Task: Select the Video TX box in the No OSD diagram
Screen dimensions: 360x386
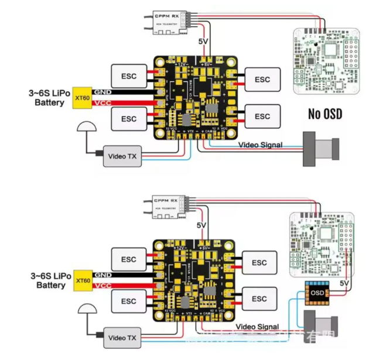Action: tap(122, 156)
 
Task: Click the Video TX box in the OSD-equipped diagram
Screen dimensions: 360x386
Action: tap(122, 338)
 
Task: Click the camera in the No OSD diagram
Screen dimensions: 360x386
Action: tap(320, 150)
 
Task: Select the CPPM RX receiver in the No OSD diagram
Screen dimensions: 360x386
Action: tap(169, 20)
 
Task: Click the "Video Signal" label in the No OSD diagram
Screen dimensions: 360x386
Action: tap(260, 145)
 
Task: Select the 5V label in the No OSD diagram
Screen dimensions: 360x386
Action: tap(203, 42)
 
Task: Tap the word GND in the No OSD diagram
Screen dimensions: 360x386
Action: tap(102, 92)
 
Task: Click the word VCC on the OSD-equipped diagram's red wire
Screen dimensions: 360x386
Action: tap(102, 286)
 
